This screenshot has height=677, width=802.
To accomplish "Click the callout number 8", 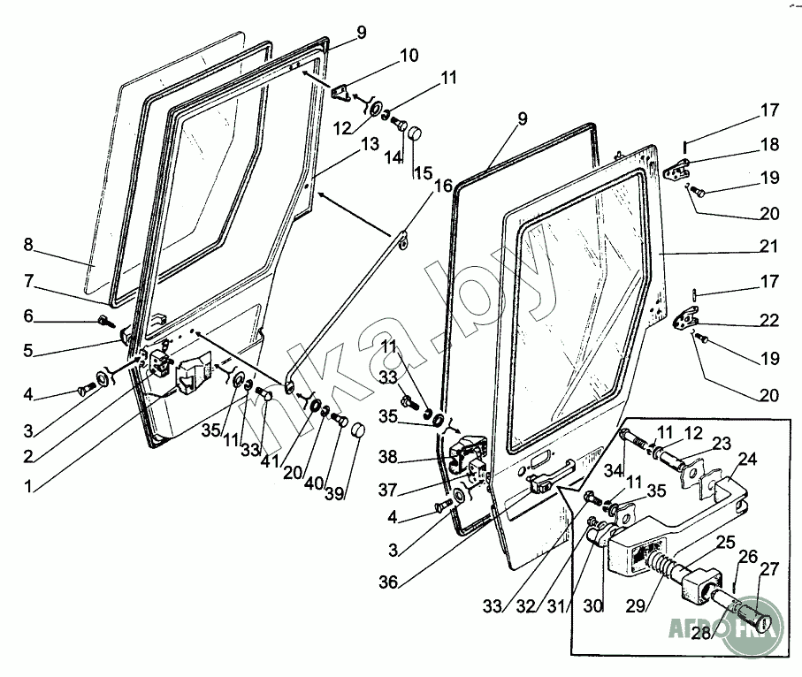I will tap(28, 244).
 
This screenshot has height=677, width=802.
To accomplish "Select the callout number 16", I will tap(442, 186).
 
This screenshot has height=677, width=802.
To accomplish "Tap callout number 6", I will tap(28, 316).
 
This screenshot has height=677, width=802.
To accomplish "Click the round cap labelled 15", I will tap(414, 134).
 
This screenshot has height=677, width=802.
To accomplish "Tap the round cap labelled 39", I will tap(357, 430).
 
